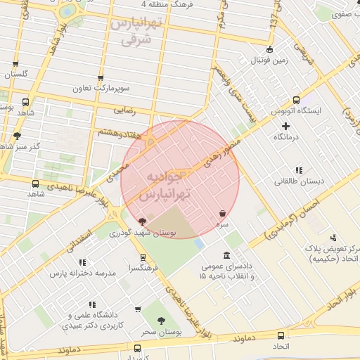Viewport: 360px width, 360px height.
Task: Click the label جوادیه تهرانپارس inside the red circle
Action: tap(170, 185)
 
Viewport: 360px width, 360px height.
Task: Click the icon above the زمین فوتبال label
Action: tap(271, 49)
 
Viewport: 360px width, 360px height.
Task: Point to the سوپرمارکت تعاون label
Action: tap(101, 89)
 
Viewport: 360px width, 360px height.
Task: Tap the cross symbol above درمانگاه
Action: tap(285, 126)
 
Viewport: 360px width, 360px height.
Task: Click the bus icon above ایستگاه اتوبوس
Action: tap(296, 100)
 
